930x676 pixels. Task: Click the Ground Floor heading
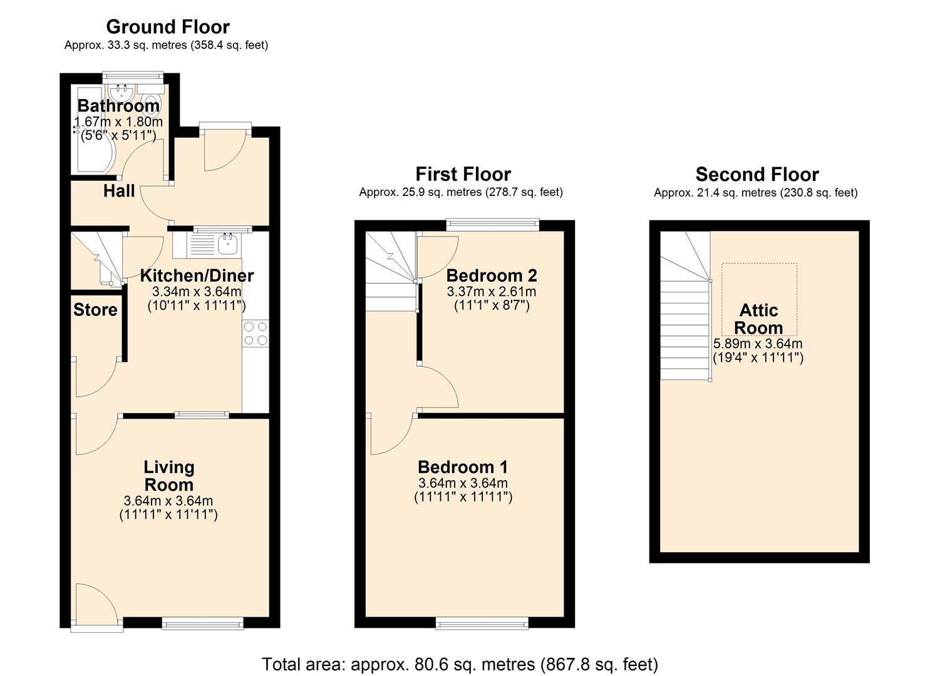(x=168, y=27)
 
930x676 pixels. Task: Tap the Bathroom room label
(x=118, y=106)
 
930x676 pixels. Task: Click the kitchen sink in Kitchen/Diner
(x=227, y=245)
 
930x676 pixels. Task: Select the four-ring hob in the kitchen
(x=256, y=332)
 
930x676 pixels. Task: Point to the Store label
(x=95, y=310)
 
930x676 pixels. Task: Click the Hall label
(x=119, y=191)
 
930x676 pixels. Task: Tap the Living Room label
(x=169, y=476)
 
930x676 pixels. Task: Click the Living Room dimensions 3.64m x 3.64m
(x=168, y=501)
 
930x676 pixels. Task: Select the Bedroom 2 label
(x=492, y=275)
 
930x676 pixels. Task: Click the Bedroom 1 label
(x=463, y=467)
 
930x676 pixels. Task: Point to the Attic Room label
(x=758, y=319)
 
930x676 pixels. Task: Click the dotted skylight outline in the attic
(x=759, y=275)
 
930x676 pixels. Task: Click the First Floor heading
(x=463, y=174)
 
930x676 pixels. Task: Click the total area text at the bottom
(x=460, y=663)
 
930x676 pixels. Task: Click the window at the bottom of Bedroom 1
(x=482, y=622)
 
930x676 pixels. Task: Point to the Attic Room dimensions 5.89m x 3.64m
(x=758, y=344)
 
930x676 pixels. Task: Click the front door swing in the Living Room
(x=95, y=603)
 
